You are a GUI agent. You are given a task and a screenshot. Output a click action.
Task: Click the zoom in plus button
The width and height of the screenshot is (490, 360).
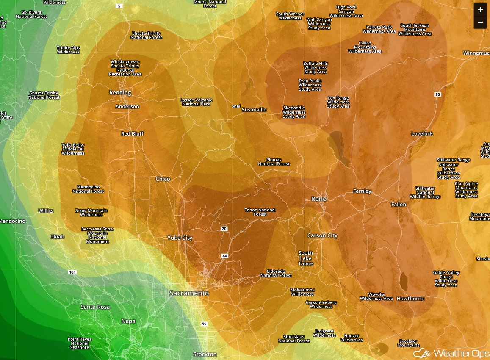480,9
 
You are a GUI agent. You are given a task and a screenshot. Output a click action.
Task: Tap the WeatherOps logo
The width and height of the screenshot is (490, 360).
451,353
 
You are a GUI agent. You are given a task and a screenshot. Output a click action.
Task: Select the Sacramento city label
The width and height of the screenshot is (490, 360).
189,293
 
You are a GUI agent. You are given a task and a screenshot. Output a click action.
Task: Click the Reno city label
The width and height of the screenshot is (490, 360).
319,199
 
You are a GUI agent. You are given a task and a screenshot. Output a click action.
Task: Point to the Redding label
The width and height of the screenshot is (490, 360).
120,92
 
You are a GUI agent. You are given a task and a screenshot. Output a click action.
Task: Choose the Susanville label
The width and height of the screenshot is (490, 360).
254,110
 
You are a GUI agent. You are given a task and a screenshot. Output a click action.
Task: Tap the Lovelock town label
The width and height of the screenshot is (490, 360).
422,133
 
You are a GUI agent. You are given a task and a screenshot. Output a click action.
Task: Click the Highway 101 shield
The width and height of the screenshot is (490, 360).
72,272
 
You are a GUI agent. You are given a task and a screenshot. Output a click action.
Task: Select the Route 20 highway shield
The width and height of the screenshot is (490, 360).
224,229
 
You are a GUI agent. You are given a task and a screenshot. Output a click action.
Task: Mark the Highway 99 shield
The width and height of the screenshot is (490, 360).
205,324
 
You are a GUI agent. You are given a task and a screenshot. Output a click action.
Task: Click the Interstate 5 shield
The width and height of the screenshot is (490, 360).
119,6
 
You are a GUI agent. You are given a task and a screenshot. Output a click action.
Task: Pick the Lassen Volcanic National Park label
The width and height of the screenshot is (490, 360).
196,102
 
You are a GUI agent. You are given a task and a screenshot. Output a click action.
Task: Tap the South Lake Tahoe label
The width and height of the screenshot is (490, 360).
306,258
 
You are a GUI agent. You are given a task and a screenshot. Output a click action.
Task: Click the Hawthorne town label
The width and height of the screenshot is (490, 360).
410,299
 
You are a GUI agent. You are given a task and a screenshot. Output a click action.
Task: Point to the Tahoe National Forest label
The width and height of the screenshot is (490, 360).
260,212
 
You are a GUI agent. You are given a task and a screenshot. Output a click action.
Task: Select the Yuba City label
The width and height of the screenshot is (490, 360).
180,238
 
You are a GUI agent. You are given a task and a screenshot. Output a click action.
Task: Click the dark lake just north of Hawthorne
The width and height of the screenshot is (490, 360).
403,280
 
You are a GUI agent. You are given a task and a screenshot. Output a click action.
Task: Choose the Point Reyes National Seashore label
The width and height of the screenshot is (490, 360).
79,343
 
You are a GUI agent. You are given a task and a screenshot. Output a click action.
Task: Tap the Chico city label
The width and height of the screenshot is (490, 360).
163,179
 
